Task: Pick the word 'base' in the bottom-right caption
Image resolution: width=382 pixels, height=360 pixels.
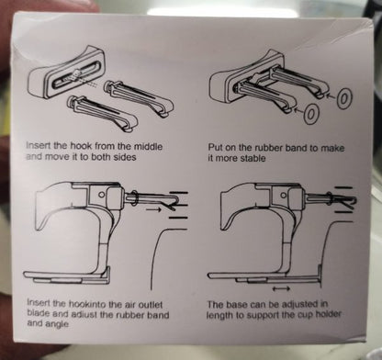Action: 238,305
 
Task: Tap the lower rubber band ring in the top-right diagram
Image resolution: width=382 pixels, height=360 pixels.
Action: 310,114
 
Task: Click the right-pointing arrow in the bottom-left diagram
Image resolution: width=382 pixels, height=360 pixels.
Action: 153,209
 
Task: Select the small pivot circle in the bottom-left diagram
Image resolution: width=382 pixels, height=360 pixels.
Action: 103,195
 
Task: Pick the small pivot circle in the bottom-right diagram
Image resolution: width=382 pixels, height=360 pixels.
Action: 284,195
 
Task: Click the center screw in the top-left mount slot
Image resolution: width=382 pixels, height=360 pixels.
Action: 75,74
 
